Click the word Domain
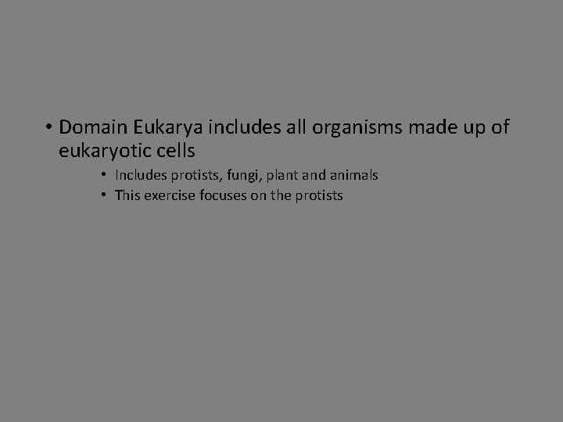88,126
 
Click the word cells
173,148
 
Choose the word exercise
167,195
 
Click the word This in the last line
127,195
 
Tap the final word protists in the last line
318,195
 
